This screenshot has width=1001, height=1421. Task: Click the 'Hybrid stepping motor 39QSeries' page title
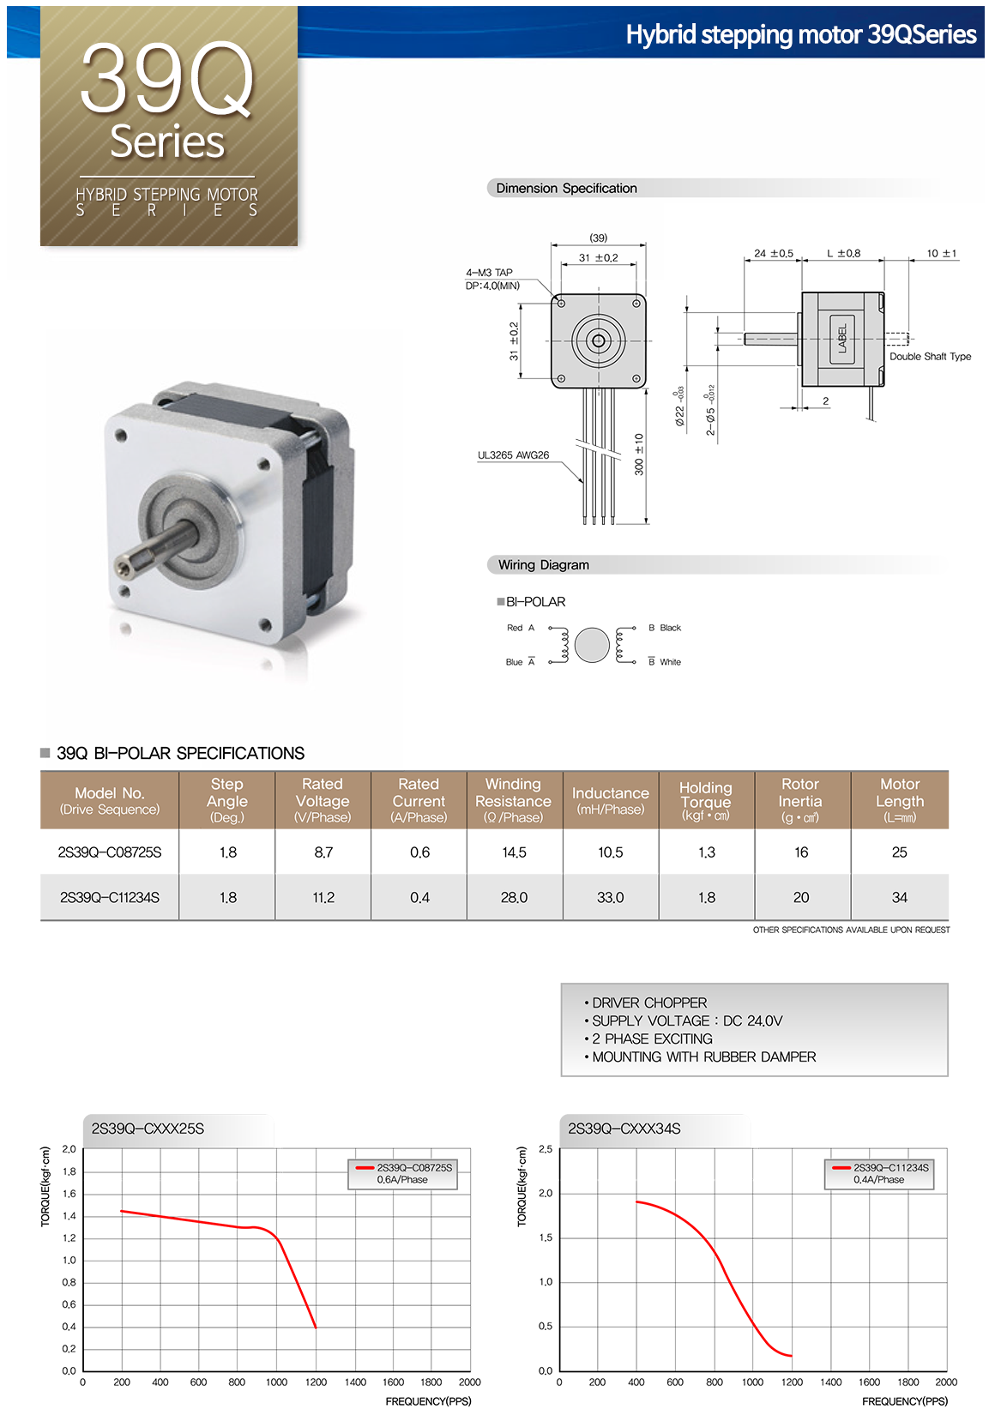[800, 34]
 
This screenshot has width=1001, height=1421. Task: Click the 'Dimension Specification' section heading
[566, 188]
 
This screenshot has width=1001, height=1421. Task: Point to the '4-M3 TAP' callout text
[489, 273]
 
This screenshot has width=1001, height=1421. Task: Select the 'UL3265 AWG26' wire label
[513, 455]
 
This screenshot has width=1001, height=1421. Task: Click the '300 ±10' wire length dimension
[639, 455]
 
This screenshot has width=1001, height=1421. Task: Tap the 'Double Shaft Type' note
[930, 357]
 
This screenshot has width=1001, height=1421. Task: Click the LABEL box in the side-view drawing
[842, 339]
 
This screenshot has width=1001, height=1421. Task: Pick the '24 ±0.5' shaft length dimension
[773, 254]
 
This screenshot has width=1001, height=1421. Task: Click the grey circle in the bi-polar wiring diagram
[592, 645]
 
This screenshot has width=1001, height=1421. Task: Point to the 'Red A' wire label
[520, 628]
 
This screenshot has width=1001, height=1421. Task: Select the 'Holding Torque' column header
[706, 799]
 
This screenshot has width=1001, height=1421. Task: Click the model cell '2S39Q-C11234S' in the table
[110, 897]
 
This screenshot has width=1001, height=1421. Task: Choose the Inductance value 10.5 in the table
[610, 852]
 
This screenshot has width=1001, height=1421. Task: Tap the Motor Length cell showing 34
[899, 897]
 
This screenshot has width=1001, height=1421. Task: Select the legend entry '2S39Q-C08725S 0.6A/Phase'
[403, 1173]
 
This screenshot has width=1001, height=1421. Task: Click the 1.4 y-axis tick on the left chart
[69, 1216]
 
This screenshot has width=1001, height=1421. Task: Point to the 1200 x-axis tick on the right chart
[792, 1382]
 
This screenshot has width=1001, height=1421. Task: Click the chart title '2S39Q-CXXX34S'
[624, 1129]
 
